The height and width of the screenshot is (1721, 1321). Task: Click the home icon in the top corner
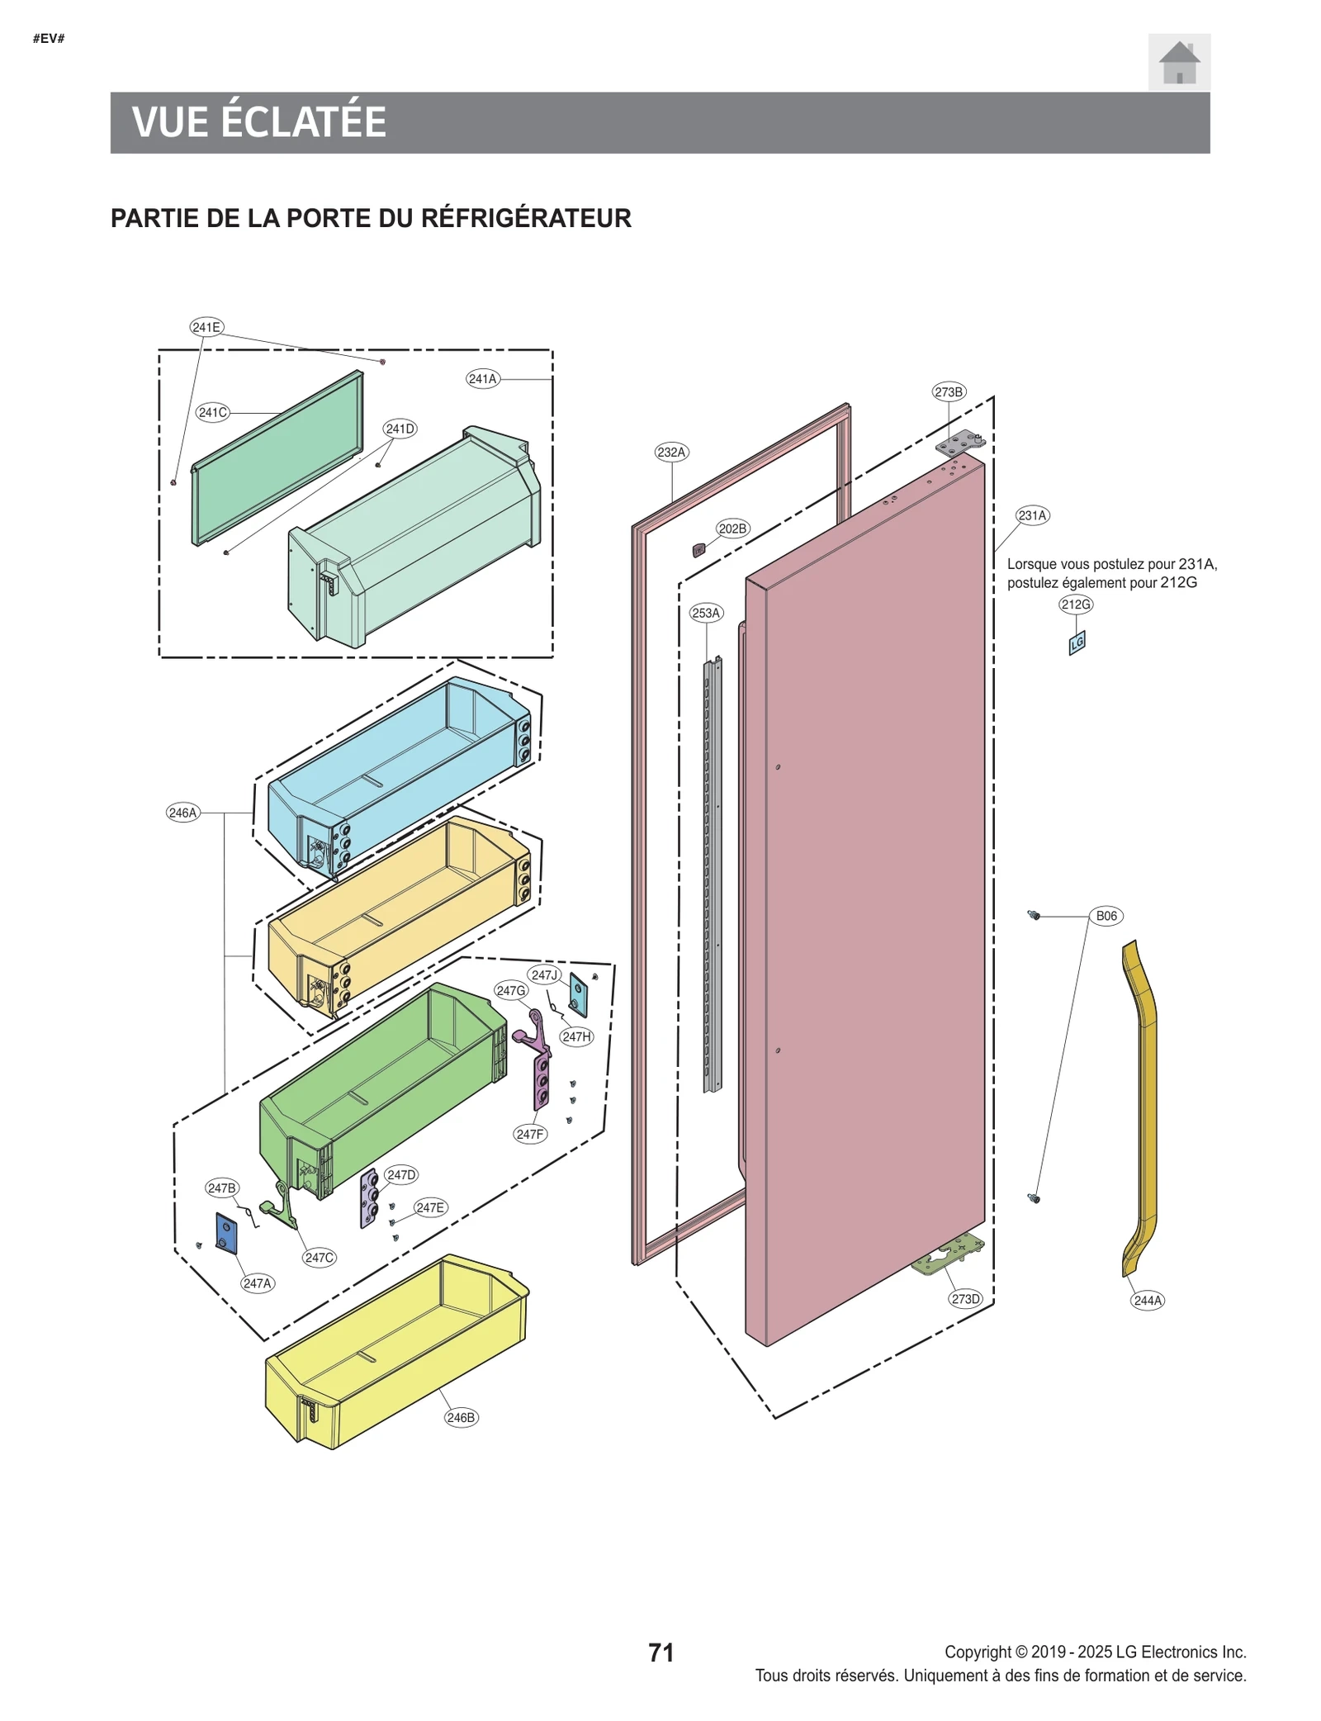pyautogui.click(x=1178, y=62)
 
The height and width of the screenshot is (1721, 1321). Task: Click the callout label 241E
pyautogui.click(x=206, y=327)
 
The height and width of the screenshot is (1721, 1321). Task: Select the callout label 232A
pyautogui.click(x=670, y=452)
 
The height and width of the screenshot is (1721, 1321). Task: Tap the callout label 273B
pyautogui.click(x=948, y=391)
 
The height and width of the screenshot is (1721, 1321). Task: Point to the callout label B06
pyautogui.click(x=1106, y=915)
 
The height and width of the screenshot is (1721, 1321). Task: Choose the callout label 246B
pyautogui.click(x=461, y=1417)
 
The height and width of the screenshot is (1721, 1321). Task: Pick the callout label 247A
pyautogui.click(x=257, y=1282)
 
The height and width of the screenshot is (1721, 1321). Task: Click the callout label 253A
pyautogui.click(x=705, y=613)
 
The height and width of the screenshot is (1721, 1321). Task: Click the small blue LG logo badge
pyautogui.click(x=1076, y=642)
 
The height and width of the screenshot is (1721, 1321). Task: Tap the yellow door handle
pyautogui.click(x=1143, y=1107)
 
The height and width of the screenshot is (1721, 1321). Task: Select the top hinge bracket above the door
pyautogui.click(x=959, y=445)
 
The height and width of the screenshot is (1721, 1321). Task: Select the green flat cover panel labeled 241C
pyautogui.click(x=277, y=458)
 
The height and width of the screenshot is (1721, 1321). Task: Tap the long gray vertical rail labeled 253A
pyautogui.click(x=711, y=875)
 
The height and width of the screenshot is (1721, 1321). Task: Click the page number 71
pyautogui.click(x=660, y=1652)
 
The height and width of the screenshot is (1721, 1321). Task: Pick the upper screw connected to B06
pyautogui.click(x=1033, y=914)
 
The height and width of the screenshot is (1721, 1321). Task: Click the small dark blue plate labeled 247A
pyautogui.click(x=226, y=1232)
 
